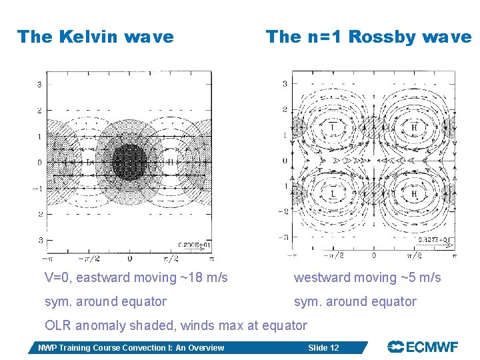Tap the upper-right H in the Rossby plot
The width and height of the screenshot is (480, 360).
pos(414,127)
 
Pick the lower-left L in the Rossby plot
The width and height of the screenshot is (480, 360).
pos(333,194)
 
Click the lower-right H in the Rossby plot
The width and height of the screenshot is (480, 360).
pos(414,194)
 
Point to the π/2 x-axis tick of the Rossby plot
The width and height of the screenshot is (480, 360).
pos(414,255)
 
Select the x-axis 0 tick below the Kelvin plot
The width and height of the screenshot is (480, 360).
pos(129,258)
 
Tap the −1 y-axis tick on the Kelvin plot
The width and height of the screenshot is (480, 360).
pos(39,188)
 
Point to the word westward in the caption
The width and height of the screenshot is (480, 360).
pos(321,277)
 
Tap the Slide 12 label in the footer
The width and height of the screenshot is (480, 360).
pos(323,347)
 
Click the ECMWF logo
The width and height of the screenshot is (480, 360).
pos(423,347)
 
